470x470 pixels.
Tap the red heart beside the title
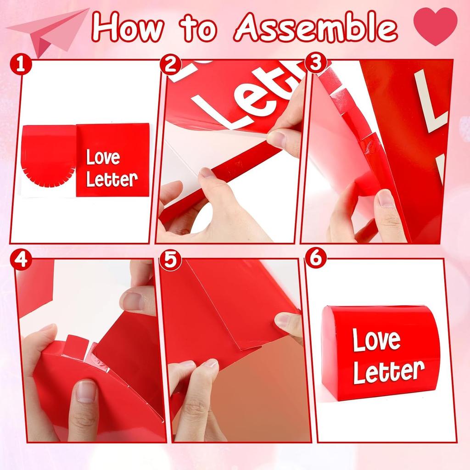pyautogui.click(x=435, y=27)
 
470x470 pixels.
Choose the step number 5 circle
pyautogui.click(x=170, y=260)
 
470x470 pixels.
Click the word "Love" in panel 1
pyautogui.click(x=103, y=158)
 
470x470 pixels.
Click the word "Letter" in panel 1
pyautogui.click(x=112, y=179)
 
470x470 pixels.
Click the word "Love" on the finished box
pyautogui.click(x=376, y=340)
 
